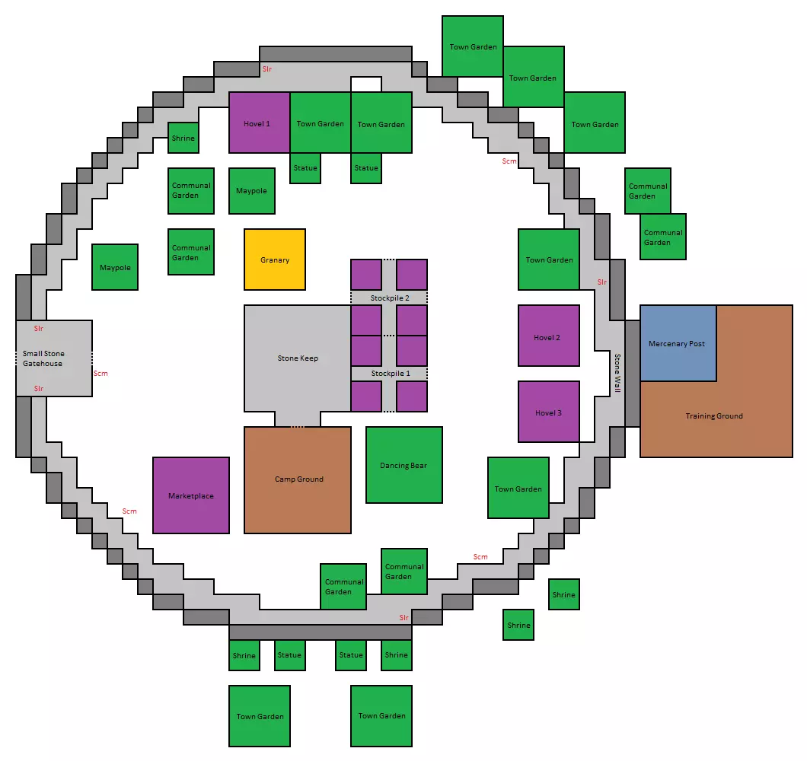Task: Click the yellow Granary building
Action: click(275, 260)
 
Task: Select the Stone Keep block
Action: click(298, 358)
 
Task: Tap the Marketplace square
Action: click(191, 495)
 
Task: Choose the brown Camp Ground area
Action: click(298, 480)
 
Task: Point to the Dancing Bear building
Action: click(404, 465)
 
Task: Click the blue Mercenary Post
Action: click(678, 343)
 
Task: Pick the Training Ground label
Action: click(714, 416)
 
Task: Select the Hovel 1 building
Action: click(260, 123)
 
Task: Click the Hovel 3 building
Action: click(549, 412)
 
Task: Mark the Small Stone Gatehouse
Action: click(54, 358)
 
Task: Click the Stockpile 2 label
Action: click(390, 298)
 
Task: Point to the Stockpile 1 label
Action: click(391, 374)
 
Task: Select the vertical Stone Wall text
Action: click(617, 373)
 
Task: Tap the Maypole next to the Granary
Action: click(252, 191)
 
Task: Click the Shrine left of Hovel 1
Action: click(183, 138)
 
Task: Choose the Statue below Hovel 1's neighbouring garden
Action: click(305, 168)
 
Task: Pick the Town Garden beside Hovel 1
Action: click(320, 123)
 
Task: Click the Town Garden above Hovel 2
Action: click(549, 260)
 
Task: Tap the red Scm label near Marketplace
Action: click(129, 511)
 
